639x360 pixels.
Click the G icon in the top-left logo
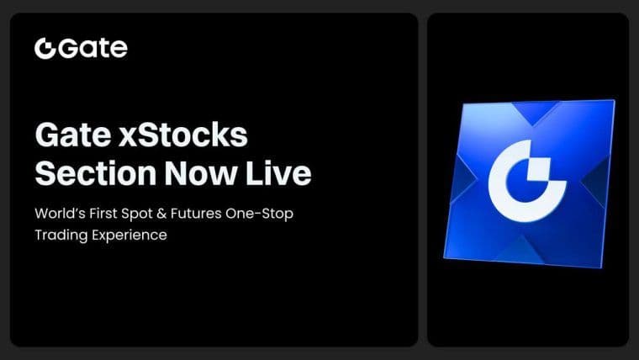45,48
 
